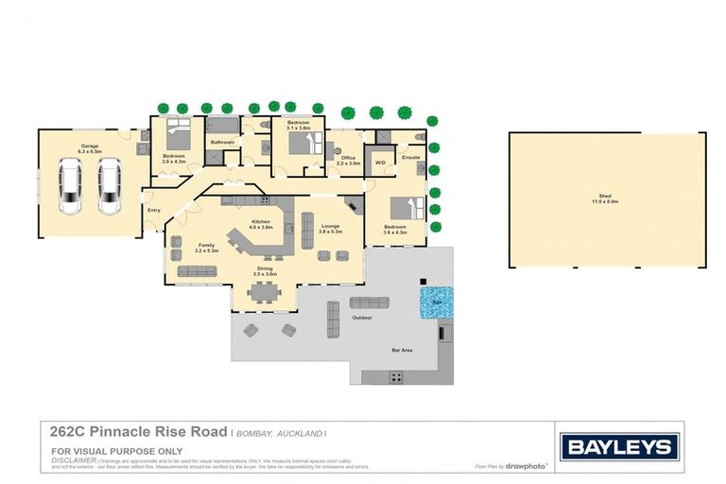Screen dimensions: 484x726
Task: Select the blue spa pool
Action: [436, 302]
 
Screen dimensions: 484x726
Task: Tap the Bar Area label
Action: [403, 350]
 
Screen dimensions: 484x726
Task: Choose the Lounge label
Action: [330, 225]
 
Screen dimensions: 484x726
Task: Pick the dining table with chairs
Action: [264, 290]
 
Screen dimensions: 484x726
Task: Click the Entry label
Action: [152, 210]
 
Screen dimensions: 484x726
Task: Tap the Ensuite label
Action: [411, 158]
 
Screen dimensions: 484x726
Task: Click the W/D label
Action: [381, 163]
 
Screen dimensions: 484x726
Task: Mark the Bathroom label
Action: [222, 143]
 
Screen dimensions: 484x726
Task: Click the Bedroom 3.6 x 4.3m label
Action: [395, 229]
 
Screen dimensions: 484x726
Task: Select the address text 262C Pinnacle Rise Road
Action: [136, 430]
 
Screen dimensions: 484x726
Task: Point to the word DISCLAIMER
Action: [73, 459]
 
